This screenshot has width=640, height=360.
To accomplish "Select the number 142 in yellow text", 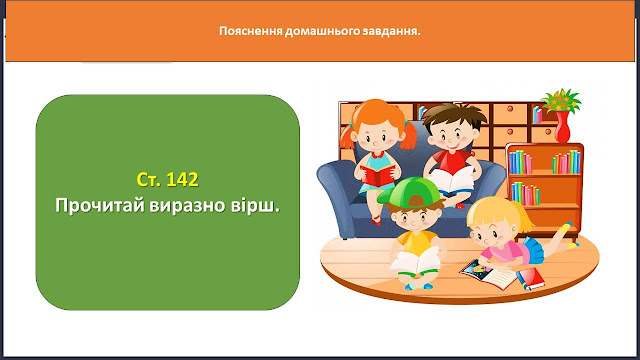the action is [182, 179].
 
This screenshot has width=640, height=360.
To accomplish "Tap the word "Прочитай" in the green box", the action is [100, 205].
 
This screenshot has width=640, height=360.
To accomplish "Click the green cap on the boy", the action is [410, 192].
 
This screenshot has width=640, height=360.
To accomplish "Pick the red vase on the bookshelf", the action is [562, 127].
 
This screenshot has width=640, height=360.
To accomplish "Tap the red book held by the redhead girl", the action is [378, 176].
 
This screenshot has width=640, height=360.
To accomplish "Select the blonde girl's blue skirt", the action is [532, 249].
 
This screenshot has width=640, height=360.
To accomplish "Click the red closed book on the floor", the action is [531, 279].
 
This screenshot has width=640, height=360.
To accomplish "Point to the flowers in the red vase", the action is [561, 100].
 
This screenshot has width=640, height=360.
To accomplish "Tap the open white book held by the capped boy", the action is [414, 261].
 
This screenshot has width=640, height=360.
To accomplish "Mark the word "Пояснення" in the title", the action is [251, 31].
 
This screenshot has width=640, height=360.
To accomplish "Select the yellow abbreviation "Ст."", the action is [150, 179].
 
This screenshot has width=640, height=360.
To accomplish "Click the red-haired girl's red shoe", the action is [376, 221].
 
